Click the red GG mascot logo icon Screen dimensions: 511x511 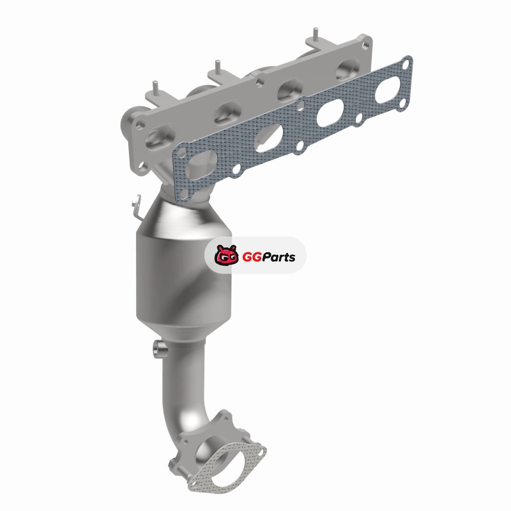pos(227,255)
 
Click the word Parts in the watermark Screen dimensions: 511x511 pos(279,257)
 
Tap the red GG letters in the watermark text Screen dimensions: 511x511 pos(252,257)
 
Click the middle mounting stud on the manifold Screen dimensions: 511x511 pos(217,67)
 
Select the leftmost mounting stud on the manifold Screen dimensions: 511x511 pos(156,87)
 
